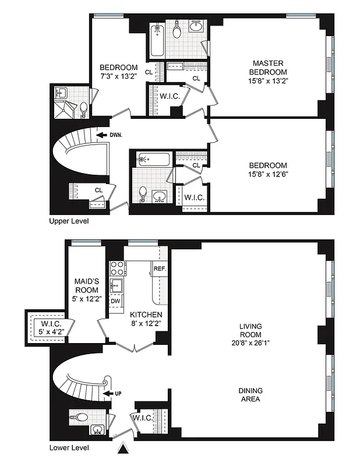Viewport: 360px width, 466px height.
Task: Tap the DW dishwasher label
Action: [x=115, y=301]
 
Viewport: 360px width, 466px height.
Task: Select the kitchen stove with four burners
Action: [x=117, y=269]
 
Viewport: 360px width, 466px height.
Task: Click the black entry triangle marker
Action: [x=123, y=448]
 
